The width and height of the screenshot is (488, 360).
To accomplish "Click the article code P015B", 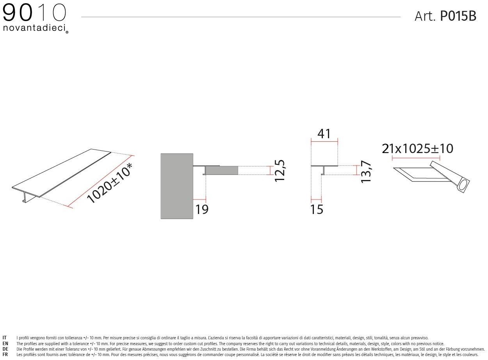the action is pyautogui.click(x=458, y=16).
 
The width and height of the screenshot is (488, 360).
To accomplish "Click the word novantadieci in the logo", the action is pyautogui.click(x=34, y=28).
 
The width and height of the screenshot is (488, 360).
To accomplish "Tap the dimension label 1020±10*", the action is pyautogui.click(x=109, y=183).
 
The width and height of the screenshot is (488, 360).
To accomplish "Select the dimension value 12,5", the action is pyautogui.click(x=280, y=171).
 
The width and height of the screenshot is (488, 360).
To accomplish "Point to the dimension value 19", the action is pyautogui.click(x=202, y=209).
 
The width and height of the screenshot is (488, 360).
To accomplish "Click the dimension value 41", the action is pyautogui.click(x=324, y=134).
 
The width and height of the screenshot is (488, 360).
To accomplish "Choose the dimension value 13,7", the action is pyautogui.click(x=366, y=172).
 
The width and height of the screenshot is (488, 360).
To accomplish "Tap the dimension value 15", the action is pyautogui.click(x=317, y=209).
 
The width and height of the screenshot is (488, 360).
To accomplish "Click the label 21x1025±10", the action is pyautogui.click(x=417, y=149).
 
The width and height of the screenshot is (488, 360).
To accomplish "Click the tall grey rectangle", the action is pyautogui.click(x=177, y=186).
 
